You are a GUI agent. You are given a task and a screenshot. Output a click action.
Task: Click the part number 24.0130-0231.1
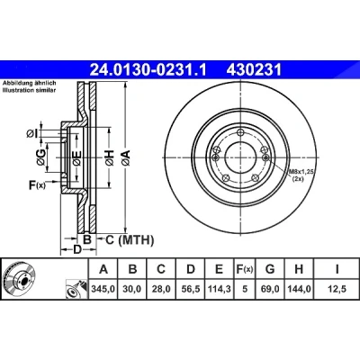tap(148, 70)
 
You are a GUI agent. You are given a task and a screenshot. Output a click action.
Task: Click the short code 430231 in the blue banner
tap(254, 70)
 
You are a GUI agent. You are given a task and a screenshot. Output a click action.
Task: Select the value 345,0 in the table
tap(103, 289)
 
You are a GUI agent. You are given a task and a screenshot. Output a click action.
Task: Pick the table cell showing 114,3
tap(220, 289)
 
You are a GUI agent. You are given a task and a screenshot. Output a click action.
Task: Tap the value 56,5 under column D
tap(191, 289)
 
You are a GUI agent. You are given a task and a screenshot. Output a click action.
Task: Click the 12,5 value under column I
tap(337, 289)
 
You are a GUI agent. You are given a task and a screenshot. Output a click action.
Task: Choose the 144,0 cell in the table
tap(299, 289)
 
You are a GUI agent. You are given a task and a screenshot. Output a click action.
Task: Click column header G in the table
tap(270, 269)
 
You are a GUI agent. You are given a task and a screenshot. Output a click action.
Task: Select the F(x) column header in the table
tap(245, 269)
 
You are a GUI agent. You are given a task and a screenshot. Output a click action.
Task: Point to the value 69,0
tap(270, 289)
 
